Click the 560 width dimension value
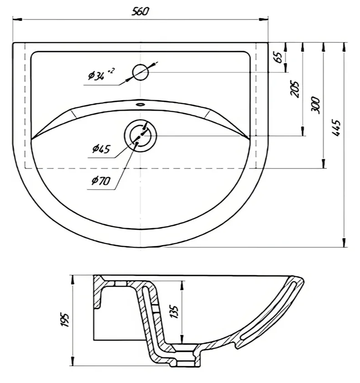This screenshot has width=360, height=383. coord(140,11)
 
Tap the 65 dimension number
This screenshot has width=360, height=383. coord(279,57)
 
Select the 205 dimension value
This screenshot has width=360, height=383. coord(294,89)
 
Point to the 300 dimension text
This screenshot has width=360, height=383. coord(315,105)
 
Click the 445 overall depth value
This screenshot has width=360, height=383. coord(336,127)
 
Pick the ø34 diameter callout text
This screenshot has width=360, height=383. coord(101,74)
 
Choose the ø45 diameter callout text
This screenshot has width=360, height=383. coord(101,148)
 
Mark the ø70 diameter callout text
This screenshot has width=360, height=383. coord(101,180)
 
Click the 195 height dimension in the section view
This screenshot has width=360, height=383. coord(65,320)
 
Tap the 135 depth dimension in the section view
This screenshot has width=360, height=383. coord(175,312)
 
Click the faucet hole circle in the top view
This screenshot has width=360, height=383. coord(140,72)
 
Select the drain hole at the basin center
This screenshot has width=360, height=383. coord(140,135)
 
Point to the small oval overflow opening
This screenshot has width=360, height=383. coord(140,105)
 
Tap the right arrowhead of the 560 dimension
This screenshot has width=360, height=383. coord(264,19)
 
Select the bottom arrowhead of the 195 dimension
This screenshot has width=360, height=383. coord(72,361)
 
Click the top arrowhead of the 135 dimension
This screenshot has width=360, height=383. coord(182,286)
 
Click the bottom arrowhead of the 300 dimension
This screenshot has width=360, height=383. coord(324,163)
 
